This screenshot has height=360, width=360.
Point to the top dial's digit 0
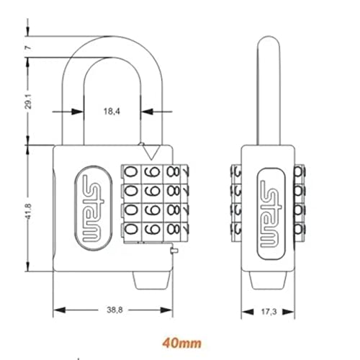pyautogui.click(x=130, y=174)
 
